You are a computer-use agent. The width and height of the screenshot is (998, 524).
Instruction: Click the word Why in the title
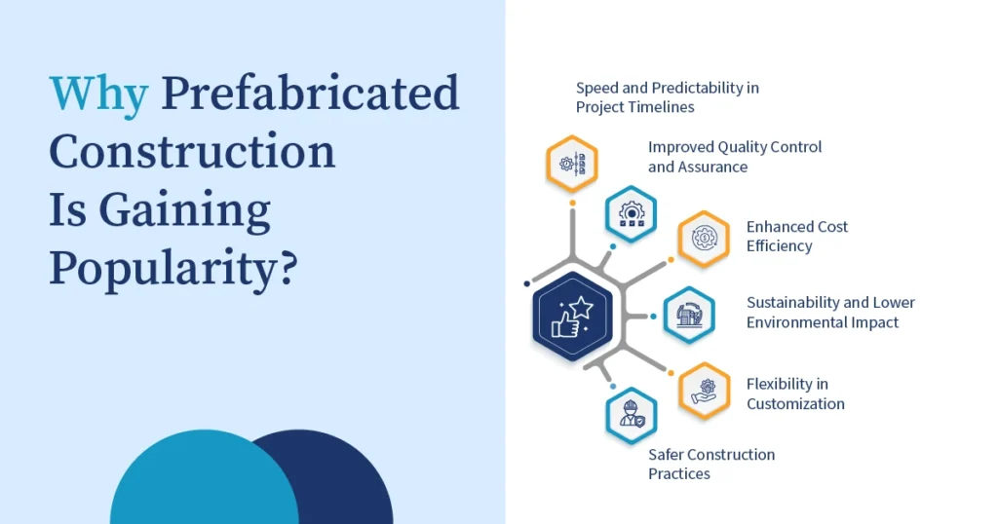(98, 95)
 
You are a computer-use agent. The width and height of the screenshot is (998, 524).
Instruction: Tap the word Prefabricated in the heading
(310, 93)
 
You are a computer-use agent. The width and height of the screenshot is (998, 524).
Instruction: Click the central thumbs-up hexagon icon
(572, 316)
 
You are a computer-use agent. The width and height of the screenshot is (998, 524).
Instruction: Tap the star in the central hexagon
(581, 309)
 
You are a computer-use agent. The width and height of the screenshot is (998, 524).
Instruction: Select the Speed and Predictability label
(667, 97)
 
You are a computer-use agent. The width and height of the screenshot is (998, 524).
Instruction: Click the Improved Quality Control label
(735, 157)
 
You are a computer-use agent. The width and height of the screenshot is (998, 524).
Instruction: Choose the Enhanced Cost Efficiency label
(797, 236)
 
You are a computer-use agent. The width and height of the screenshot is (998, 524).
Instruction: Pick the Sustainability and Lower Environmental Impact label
(830, 313)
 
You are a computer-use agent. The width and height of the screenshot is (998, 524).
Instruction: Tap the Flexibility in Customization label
(795, 393)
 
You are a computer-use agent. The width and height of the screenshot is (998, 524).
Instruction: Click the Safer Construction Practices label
(710, 464)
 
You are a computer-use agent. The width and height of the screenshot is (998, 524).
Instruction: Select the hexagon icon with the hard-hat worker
(631, 416)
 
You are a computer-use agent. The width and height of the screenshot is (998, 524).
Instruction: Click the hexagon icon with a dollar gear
(704, 239)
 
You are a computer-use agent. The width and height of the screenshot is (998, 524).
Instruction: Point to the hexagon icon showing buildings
(689, 316)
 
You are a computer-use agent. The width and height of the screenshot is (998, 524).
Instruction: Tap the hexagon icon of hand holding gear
(704, 392)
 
